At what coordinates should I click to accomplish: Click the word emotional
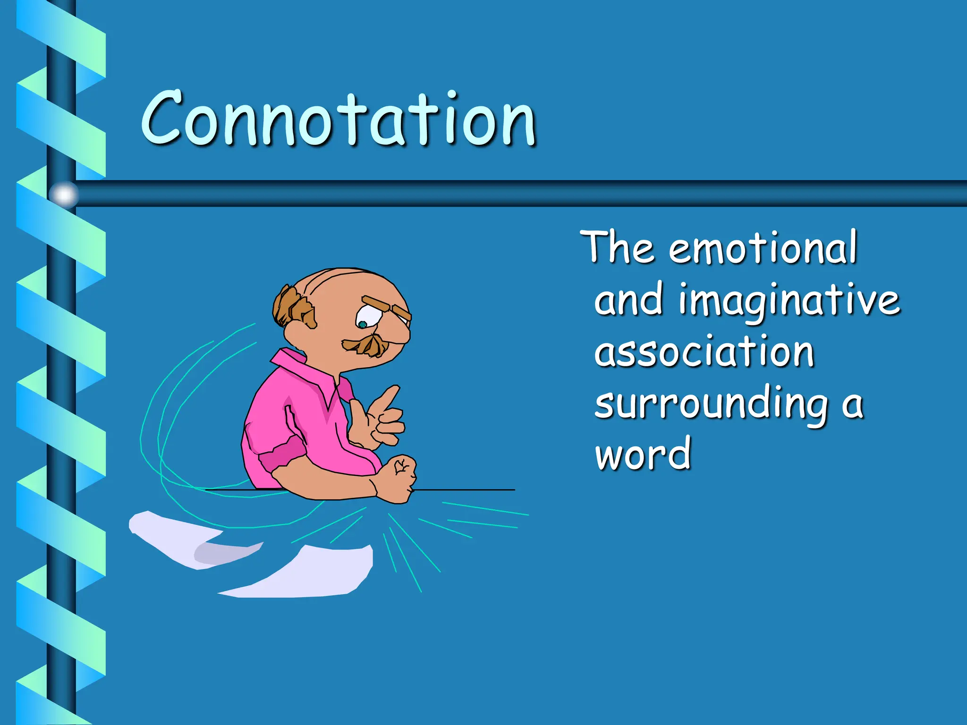(x=762, y=248)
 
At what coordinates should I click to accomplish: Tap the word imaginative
(x=789, y=301)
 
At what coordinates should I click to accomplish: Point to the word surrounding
(x=711, y=405)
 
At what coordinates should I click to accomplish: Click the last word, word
(x=643, y=454)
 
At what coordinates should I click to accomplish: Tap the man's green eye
(x=362, y=324)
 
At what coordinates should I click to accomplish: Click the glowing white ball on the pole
(x=64, y=194)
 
